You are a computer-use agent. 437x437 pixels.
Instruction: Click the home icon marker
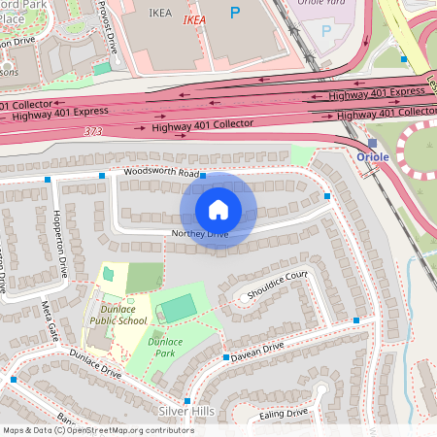[x=218, y=210]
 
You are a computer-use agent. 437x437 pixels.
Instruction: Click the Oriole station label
[x=373, y=156]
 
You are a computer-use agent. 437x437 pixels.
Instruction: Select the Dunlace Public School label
[x=118, y=313]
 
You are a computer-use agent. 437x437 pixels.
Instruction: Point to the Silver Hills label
[x=186, y=412]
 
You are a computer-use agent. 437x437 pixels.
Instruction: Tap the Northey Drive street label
[x=199, y=234]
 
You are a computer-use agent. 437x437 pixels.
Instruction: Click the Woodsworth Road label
[x=160, y=173]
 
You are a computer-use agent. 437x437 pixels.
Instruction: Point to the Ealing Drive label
[x=284, y=414]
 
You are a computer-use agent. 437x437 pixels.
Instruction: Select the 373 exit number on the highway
[x=93, y=131]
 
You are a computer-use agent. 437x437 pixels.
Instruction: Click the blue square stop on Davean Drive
[x=225, y=357]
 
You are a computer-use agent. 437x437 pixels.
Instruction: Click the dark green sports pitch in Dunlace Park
[x=178, y=309]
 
